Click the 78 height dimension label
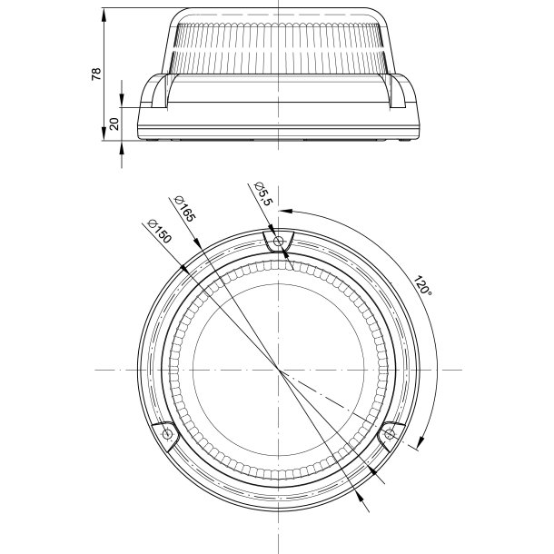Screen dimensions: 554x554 pyautogui.click(x=96, y=74)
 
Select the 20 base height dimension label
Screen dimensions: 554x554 pyautogui.click(x=114, y=124)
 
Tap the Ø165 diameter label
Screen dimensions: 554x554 pyautogui.click(x=185, y=209)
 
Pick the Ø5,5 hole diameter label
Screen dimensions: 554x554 pyautogui.click(x=264, y=193)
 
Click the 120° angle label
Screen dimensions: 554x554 pyautogui.click(x=422, y=286)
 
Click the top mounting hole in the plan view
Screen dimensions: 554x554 pyautogui.click(x=279, y=242)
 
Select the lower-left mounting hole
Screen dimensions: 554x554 pyautogui.click(x=167, y=433)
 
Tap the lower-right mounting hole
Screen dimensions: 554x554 pyautogui.click(x=390, y=433)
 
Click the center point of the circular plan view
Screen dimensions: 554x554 pyautogui.click(x=279, y=370)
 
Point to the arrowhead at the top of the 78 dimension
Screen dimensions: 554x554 pyautogui.click(x=104, y=15)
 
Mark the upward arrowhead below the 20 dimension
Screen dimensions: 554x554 pyautogui.click(x=122, y=148)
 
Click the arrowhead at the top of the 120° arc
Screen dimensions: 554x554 pyautogui.click(x=286, y=211)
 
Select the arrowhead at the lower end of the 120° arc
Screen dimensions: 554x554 pyautogui.click(x=420, y=442)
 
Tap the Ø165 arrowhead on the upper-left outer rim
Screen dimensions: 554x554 pyautogui.click(x=197, y=243)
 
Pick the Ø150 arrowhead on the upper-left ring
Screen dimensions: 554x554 pyautogui.click(x=184, y=269)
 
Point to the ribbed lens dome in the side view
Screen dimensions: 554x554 pyautogui.click(x=279, y=48)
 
